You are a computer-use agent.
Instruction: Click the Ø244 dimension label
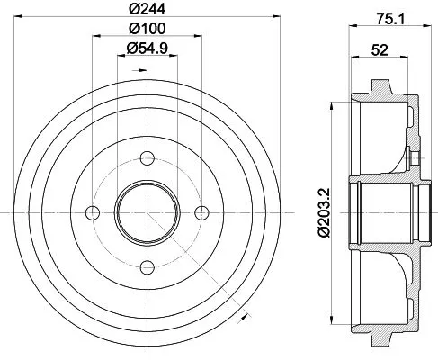[144, 12]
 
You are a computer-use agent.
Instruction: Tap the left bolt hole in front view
[91, 212]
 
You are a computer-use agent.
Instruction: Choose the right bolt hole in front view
[199, 212]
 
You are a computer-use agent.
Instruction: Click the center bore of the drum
[145, 212]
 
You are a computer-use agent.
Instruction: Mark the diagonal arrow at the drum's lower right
[242, 317]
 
